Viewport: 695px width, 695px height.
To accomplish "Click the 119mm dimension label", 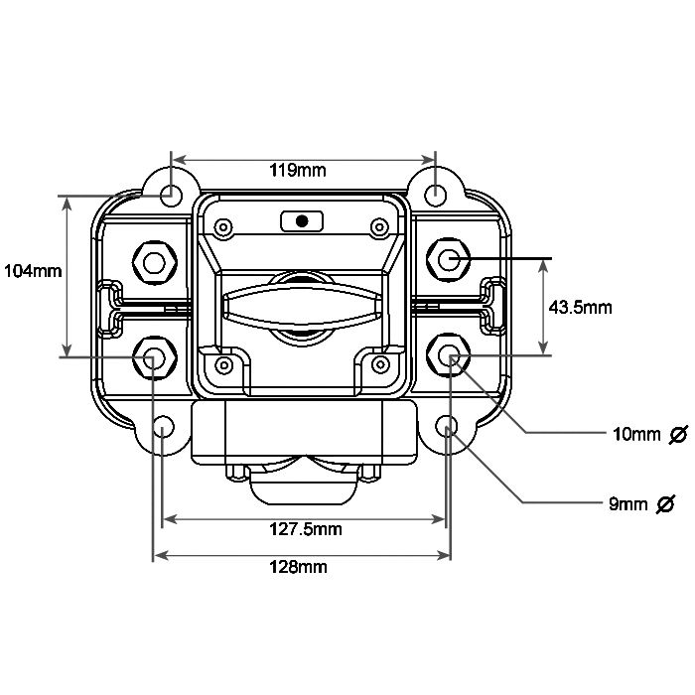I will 298,170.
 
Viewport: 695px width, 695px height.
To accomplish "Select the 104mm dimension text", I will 33,270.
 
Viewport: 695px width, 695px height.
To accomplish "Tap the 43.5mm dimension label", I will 580,307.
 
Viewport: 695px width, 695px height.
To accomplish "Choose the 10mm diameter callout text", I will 635,434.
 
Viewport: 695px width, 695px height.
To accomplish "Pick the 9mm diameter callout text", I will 627,503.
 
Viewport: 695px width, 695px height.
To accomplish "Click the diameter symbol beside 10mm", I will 679,434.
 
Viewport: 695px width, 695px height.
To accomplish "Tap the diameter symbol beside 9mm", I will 666,503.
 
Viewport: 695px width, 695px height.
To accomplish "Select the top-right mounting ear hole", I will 436,193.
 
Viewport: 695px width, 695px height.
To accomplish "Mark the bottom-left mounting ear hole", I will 164,427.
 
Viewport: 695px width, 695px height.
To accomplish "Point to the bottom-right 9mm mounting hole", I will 447,428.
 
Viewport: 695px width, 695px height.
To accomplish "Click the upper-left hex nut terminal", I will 154,262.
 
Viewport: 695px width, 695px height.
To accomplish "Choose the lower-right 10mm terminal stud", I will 450,356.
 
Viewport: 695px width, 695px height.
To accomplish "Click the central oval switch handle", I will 303,303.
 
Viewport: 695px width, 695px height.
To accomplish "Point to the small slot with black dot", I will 302,220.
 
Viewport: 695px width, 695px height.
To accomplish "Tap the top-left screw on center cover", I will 224,227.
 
